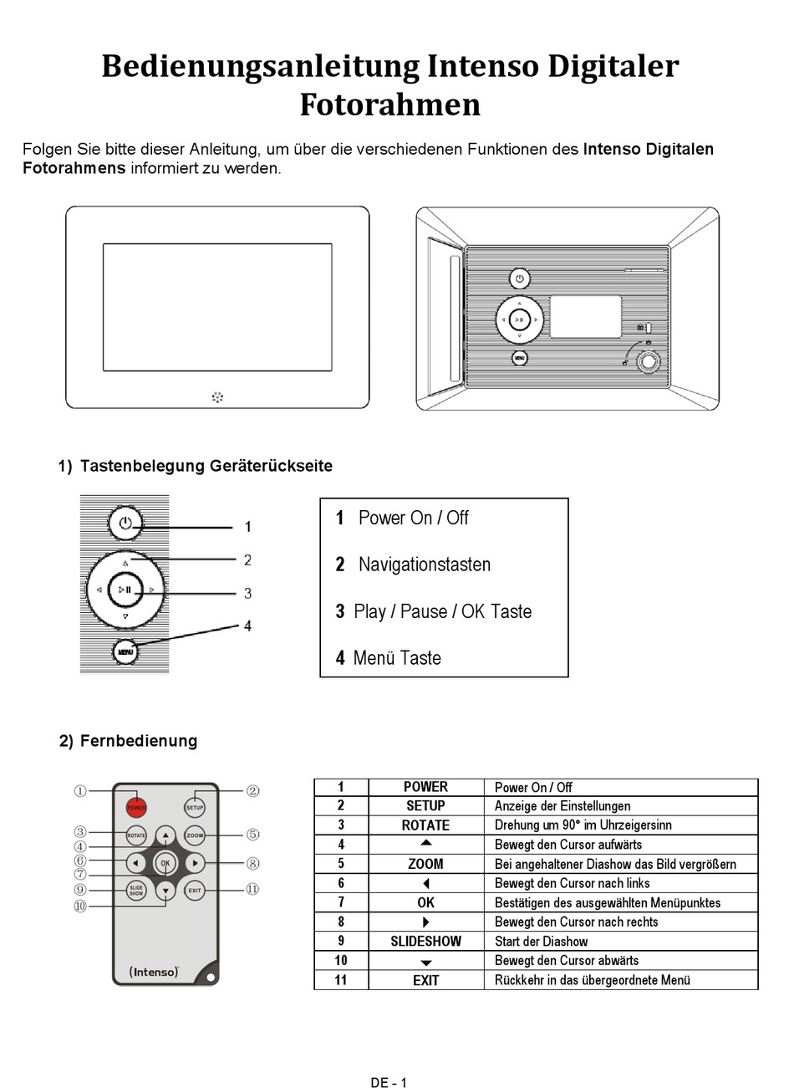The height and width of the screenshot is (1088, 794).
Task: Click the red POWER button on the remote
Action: [x=136, y=808]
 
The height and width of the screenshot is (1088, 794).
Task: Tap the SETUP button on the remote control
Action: [x=195, y=808]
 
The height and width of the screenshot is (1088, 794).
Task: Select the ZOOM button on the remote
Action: [x=195, y=835]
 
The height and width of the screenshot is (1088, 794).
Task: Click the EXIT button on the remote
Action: [x=195, y=891]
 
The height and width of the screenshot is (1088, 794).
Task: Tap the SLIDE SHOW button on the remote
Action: [x=136, y=891]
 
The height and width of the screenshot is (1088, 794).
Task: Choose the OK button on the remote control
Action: [x=165, y=863]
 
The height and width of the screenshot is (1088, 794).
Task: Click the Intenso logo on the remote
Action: [x=155, y=972]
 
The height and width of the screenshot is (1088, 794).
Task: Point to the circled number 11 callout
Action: [x=252, y=890]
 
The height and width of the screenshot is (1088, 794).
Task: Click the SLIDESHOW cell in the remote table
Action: [x=425, y=942]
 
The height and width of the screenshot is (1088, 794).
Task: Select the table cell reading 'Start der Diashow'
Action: [x=541, y=942]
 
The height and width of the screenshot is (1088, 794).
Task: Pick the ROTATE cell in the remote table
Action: [x=425, y=825]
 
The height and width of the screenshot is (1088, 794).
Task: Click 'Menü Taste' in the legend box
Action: [x=396, y=658]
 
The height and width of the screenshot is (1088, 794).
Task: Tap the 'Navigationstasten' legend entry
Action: [x=424, y=564]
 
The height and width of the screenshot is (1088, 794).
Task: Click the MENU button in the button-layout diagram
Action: [x=125, y=651]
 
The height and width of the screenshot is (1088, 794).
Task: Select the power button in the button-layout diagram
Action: [x=125, y=524]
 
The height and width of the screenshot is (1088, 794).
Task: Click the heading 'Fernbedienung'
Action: [x=138, y=741]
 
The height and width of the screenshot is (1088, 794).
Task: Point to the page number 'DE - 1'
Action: [x=389, y=1082]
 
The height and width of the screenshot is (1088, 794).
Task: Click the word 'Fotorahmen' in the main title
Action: [x=390, y=105]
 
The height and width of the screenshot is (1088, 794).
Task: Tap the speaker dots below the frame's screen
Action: [x=217, y=396]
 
